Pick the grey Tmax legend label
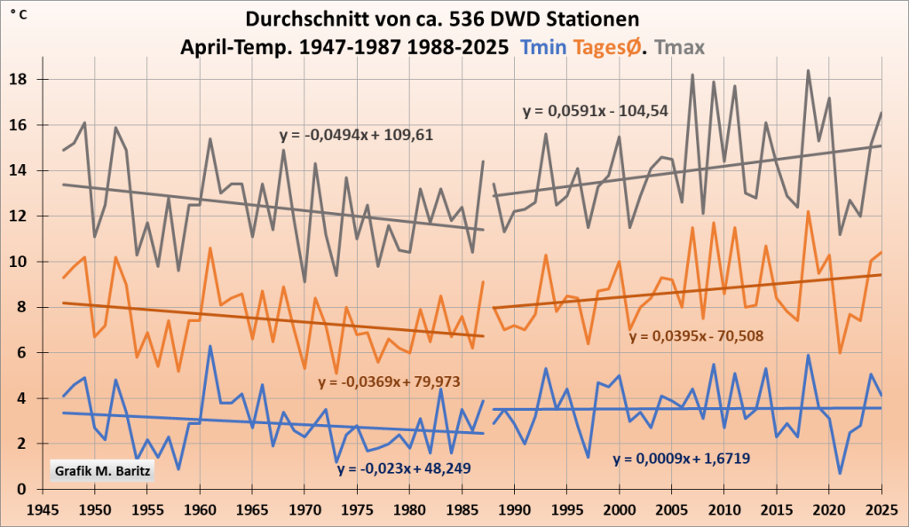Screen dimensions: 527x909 pos(689,46)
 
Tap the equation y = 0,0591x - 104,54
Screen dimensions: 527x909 pos(595,111)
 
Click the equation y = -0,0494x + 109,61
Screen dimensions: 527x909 pos(356,135)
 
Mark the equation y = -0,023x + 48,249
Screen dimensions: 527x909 pos(408,468)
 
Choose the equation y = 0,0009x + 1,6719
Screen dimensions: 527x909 pos(686,459)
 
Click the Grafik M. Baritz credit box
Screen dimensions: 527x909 pos(102,468)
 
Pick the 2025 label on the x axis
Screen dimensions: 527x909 pos(881,510)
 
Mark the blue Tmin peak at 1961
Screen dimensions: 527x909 pos(210,346)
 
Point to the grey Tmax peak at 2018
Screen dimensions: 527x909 pos(808,71)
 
